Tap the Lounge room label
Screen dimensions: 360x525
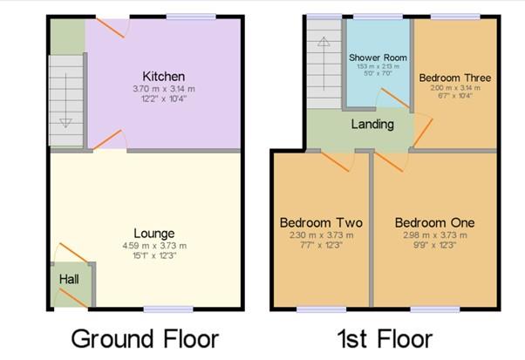pos(155,234)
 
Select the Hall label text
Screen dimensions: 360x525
pos(69,279)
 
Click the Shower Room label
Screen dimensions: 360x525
pos(373,58)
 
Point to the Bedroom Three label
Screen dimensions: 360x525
pos(454,78)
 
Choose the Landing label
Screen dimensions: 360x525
pos(372,124)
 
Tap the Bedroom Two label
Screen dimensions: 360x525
pos(320,223)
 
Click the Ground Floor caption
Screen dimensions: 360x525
pos(144,338)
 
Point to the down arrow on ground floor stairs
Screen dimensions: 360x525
pos(65,120)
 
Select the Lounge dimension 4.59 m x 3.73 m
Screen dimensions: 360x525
pos(155,246)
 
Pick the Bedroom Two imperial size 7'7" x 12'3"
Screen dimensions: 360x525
pos(320,245)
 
